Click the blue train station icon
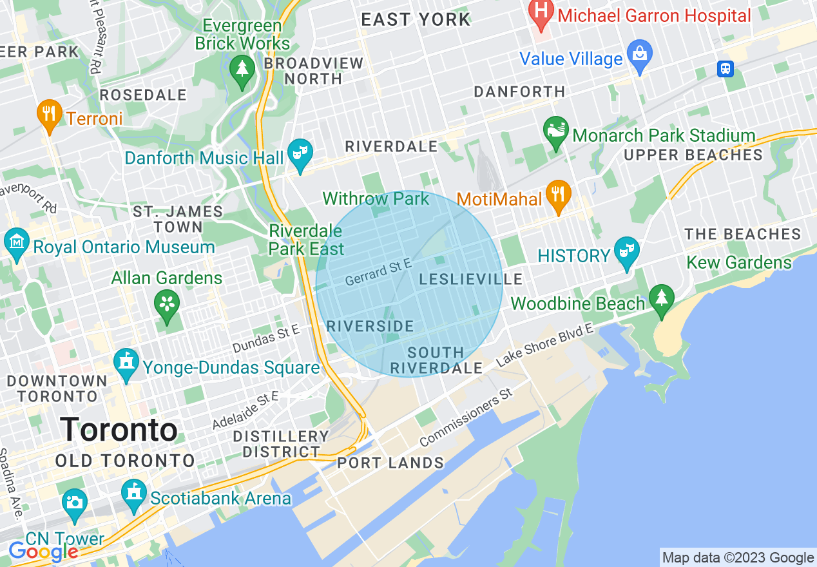point(726,69)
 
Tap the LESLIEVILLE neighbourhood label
point(471,280)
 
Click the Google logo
point(43,552)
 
